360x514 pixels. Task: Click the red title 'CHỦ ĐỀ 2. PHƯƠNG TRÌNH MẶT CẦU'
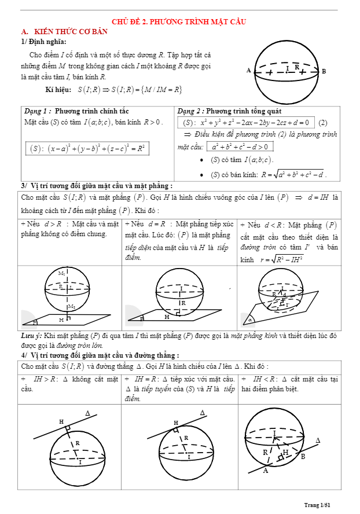click(x=179, y=21)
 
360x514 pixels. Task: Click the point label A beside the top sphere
click(x=248, y=71)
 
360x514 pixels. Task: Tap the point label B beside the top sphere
click(x=324, y=71)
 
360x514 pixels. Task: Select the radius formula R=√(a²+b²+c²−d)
click(x=293, y=174)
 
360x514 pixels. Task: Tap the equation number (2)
click(x=323, y=123)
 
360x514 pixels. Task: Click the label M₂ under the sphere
click(x=71, y=306)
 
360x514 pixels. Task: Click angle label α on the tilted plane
click(x=250, y=319)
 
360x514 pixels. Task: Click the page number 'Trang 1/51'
click(x=317, y=505)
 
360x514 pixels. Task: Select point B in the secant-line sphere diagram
click(x=303, y=457)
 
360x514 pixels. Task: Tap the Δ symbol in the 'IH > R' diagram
click(x=88, y=413)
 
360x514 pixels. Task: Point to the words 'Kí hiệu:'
click(x=59, y=90)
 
